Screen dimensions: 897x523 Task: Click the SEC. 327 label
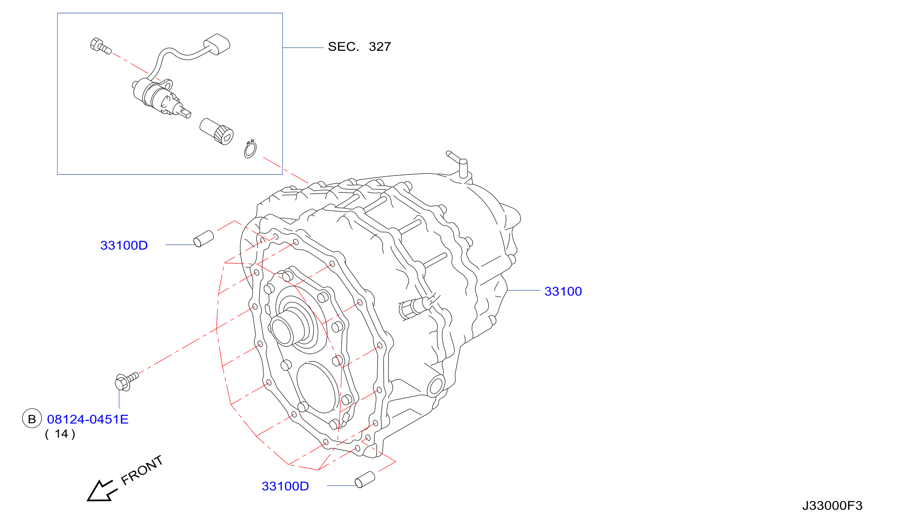pyautogui.click(x=359, y=47)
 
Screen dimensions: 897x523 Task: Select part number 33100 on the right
pyautogui.click(x=563, y=291)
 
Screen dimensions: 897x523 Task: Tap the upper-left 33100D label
pyautogui.click(x=124, y=246)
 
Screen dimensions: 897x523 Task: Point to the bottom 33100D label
pyautogui.click(x=285, y=486)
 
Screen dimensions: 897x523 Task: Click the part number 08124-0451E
pyautogui.click(x=88, y=419)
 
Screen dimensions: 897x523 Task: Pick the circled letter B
pyautogui.click(x=32, y=418)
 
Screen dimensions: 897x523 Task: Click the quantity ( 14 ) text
pyautogui.click(x=60, y=434)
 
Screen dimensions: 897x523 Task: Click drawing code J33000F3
pyautogui.click(x=832, y=506)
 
